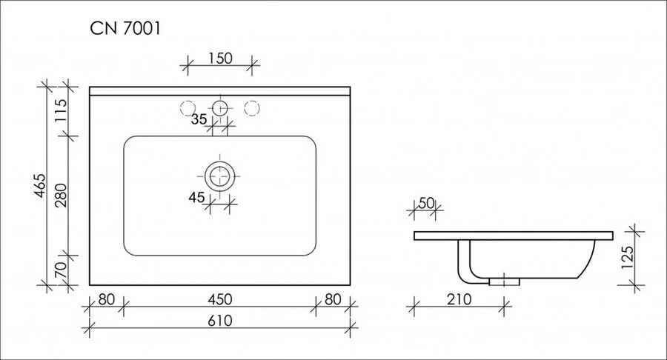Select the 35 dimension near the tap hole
click(199, 119)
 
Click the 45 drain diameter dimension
click(196, 197)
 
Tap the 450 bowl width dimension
click(219, 300)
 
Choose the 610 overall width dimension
click(219, 320)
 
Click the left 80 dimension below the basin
click(106, 300)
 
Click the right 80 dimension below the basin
click(331, 300)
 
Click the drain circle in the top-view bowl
click(219, 176)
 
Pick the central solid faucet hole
click(219, 108)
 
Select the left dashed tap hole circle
click(187, 108)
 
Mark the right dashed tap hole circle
click(252, 108)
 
